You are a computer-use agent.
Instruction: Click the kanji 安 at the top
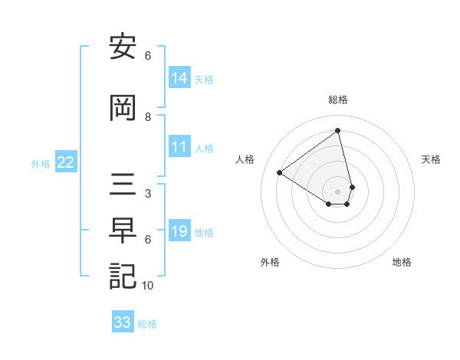123,47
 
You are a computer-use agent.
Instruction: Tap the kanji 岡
123,109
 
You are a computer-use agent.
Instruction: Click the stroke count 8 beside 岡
148,117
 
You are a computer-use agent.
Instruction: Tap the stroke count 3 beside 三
148,194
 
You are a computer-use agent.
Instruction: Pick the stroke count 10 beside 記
148,286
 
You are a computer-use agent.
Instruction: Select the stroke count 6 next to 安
148,56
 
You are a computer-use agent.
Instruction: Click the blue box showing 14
179,78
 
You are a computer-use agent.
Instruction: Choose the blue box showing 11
179,147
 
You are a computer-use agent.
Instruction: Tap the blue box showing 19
179,231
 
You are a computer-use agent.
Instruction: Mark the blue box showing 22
66,162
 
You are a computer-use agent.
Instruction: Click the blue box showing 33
123,322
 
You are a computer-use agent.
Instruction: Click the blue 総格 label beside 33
147,324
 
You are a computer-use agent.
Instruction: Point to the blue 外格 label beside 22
41,163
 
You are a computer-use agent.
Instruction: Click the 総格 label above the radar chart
338,100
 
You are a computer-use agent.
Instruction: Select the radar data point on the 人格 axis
280,172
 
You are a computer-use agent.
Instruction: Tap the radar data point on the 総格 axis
338,131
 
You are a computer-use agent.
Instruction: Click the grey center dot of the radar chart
338,191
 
